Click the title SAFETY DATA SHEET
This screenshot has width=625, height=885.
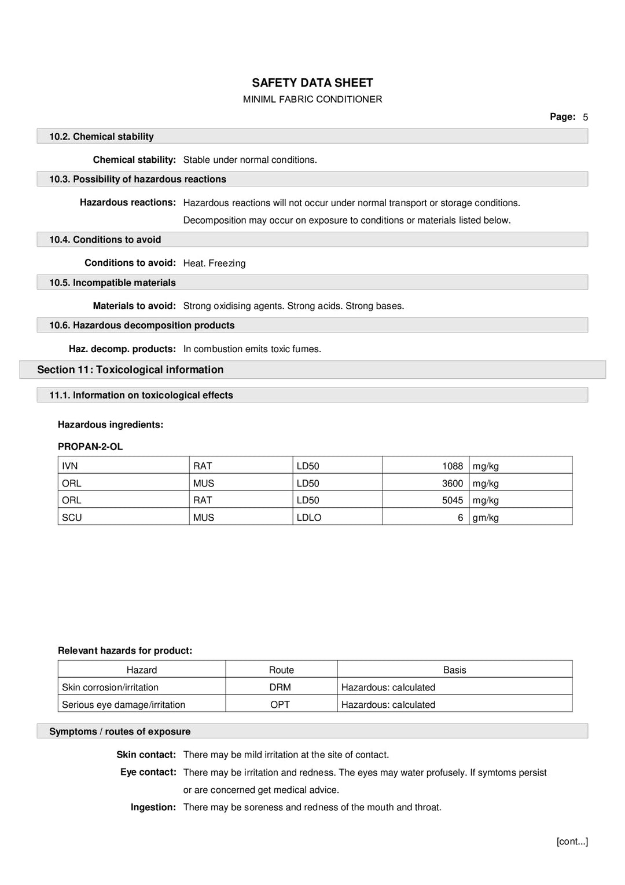coord(312,83)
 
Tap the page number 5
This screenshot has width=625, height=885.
coord(585,118)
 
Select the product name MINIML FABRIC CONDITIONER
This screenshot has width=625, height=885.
coord(312,100)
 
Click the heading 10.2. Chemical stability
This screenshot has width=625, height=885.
coord(101,137)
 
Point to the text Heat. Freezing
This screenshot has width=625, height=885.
coord(214,264)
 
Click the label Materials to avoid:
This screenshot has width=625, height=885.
coord(134,306)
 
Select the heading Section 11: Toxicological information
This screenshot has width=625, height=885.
coord(130,370)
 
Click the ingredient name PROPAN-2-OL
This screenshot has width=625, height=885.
coord(90,447)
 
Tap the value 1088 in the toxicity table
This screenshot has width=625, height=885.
coord(452,466)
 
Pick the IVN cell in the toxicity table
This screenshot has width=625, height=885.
coord(70,466)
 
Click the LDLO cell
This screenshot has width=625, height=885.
coord(309,518)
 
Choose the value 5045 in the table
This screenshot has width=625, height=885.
coord(452,500)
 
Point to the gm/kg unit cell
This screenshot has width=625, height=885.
coord(486,518)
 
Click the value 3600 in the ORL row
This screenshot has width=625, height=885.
coord(452,484)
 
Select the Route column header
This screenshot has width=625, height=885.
coord(281,670)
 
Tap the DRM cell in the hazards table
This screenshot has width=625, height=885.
coord(280,687)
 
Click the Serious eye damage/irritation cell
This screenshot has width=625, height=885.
coord(124,705)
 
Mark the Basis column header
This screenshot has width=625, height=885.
coord(454,670)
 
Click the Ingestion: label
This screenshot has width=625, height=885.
coord(153,807)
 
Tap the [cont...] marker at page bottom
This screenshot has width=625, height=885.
coord(572,842)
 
